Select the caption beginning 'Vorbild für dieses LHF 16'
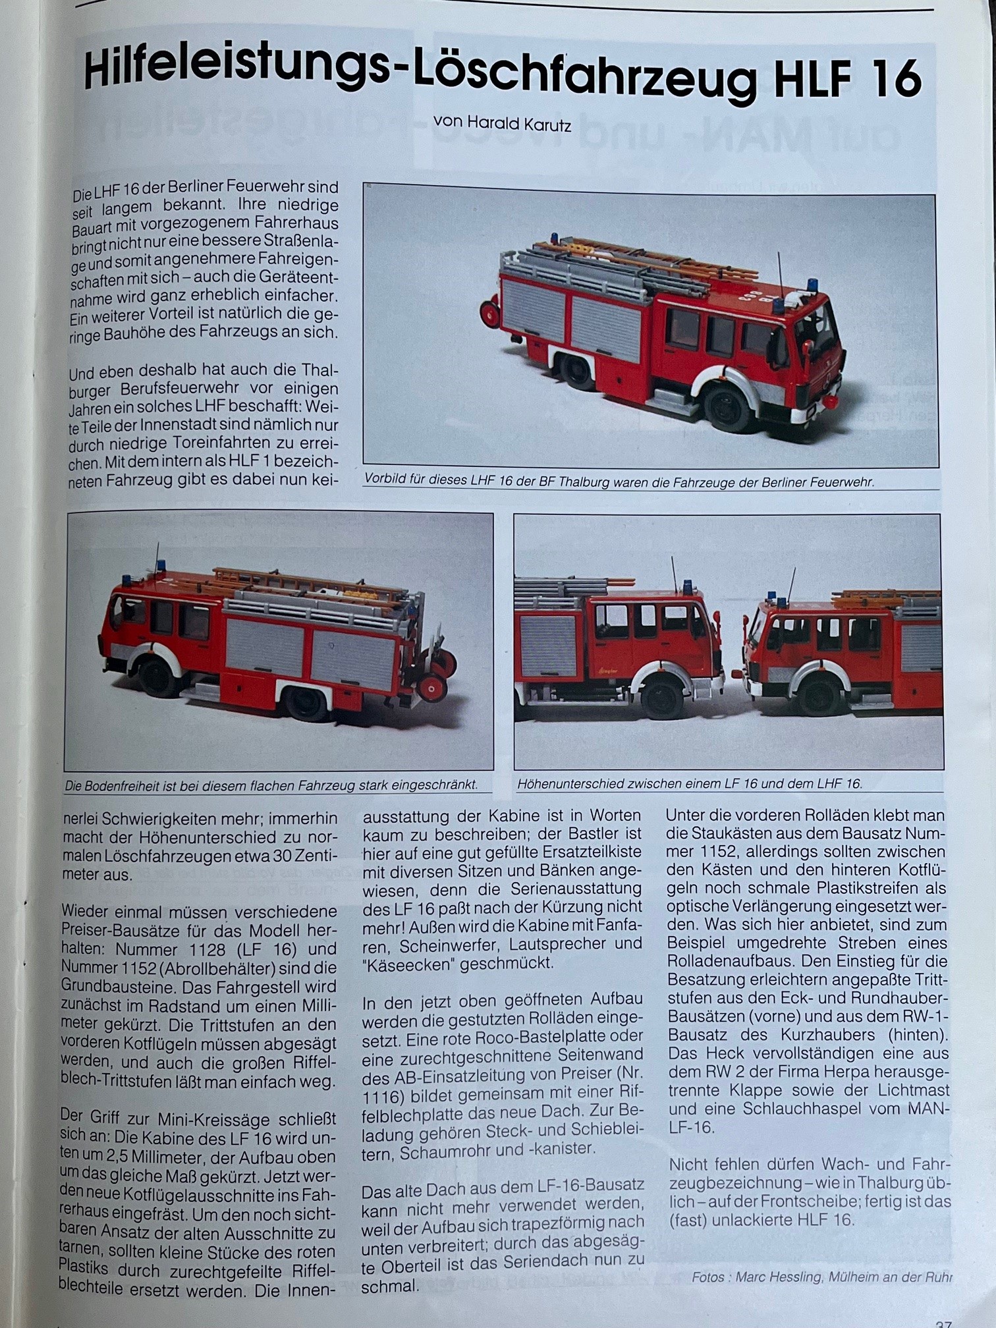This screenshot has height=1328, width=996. (x=619, y=482)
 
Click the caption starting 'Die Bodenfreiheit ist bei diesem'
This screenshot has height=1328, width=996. (x=271, y=785)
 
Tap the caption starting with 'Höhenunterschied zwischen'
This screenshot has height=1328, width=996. (x=690, y=784)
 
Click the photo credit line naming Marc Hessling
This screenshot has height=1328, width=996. (x=821, y=1277)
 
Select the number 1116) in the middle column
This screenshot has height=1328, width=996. (x=383, y=1097)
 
